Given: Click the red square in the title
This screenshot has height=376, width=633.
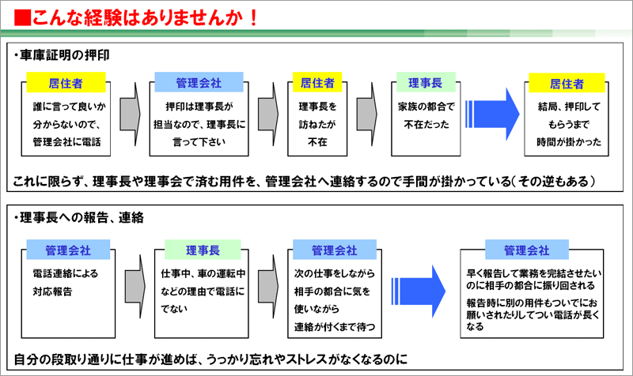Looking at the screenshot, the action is point(23,17).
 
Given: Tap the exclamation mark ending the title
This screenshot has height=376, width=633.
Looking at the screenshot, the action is point(253,18).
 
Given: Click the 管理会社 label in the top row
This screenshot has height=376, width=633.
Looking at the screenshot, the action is point(199,83).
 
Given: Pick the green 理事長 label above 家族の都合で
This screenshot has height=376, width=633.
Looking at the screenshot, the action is point(426,83).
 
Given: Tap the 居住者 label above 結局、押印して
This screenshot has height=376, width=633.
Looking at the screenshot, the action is point(567,84).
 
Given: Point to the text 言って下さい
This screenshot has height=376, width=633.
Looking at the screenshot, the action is point(199,142).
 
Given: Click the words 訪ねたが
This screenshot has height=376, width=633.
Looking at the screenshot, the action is point(317,124).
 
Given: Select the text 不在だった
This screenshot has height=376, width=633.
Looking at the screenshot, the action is point(426,125).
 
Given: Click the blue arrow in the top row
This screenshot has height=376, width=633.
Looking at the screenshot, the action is point(492,115).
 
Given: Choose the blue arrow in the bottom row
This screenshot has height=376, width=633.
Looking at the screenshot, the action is point(419,291).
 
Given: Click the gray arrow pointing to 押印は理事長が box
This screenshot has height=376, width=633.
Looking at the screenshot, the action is point(131,115).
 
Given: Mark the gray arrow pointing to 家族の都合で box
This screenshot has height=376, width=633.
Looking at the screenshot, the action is point(367,115).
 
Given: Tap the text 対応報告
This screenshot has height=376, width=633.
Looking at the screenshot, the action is point(52,291).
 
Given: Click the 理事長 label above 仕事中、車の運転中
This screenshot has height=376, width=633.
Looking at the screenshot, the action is point(203,250).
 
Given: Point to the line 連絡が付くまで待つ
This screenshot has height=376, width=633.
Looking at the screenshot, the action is point(335,327).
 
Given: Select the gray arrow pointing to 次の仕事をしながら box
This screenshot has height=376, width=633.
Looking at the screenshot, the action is point(268,286).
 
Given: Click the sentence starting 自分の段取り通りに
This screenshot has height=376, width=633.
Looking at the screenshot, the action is point(210,359).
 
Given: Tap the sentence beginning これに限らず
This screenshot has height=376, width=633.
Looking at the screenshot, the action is point(304,182).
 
